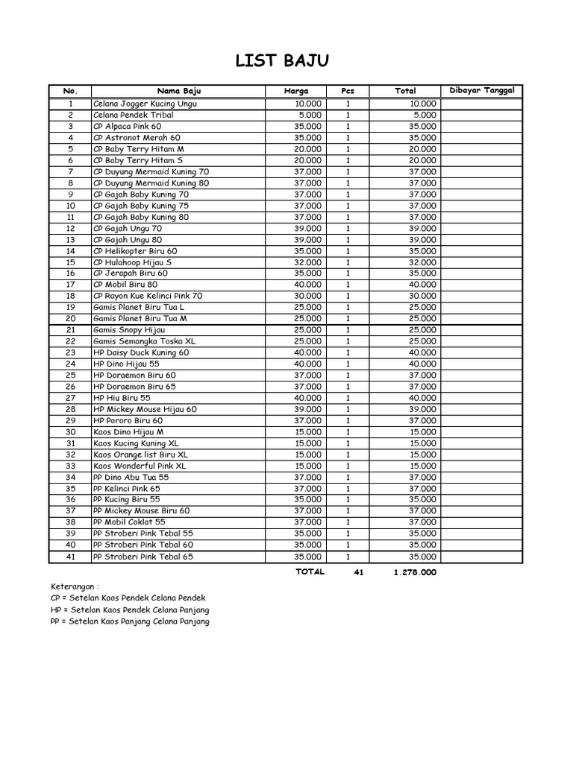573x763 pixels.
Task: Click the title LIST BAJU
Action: [x=281, y=61]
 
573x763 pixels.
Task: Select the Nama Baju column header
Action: [x=178, y=91]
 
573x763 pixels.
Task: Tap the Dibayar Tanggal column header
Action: [x=482, y=91]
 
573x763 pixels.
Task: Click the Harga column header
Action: [x=295, y=91]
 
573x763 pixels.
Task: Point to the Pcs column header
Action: [x=348, y=91]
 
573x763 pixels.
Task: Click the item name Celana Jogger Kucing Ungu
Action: [x=145, y=104]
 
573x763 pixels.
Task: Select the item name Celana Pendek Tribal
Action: [x=134, y=115]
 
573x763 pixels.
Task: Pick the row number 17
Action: [x=71, y=285]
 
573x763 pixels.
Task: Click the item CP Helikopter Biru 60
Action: [x=135, y=251]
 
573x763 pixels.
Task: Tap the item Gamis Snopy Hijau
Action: [x=129, y=330]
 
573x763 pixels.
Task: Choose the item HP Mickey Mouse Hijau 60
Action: [x=145, y=409]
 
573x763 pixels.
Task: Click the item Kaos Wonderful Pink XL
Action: [x=140, y=466]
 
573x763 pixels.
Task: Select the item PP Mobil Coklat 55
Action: [x=129, y=522]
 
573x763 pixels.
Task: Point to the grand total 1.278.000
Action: [x=414, y=573]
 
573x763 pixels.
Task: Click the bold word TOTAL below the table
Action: [x=310, y=572]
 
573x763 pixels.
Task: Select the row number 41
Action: [x=71, y=557]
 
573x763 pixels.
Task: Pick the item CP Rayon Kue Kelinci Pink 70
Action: [x=148, y=296]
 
